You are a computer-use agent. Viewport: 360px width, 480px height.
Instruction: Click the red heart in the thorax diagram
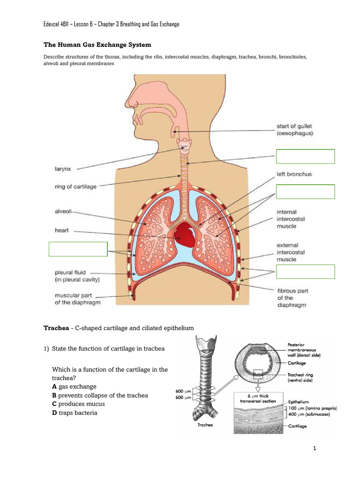(186, 234)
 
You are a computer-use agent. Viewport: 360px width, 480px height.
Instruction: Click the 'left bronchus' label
(294, 174)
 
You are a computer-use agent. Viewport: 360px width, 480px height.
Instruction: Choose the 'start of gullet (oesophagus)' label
(294, 129)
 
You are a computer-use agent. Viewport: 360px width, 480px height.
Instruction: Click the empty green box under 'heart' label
(78, 249)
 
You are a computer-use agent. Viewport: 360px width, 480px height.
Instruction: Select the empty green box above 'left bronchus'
(306, 156)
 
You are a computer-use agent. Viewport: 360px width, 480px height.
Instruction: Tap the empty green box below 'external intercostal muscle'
(306, 272)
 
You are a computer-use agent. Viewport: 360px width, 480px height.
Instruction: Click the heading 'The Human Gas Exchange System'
(97, 45)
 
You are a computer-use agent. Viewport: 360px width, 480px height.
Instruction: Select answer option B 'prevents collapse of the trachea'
(100, 395)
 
